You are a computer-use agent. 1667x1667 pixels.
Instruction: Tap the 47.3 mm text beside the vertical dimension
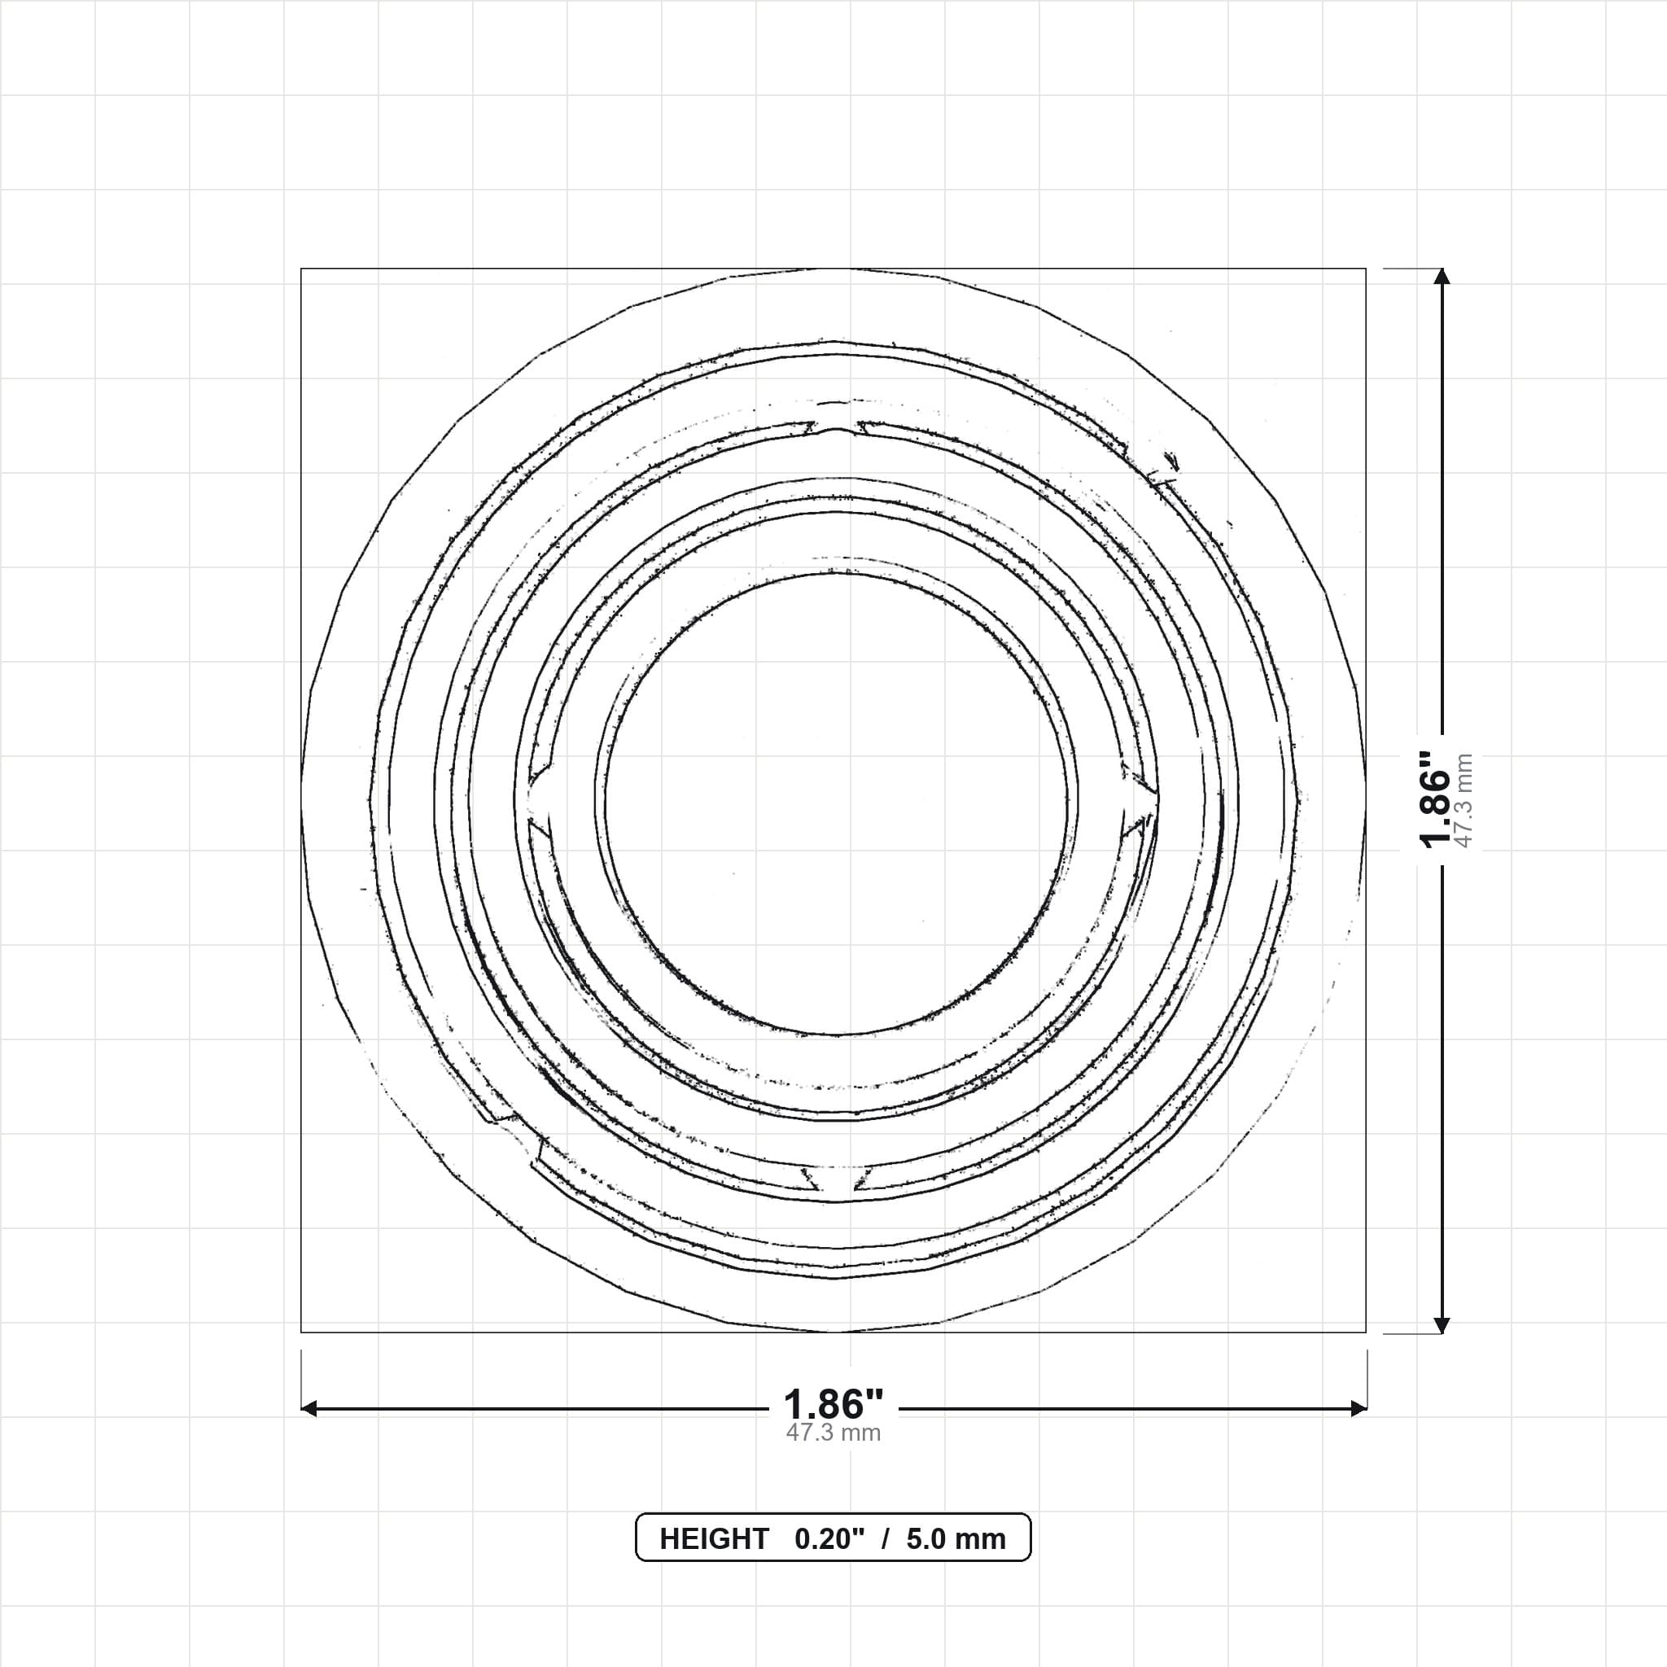point(1464,800)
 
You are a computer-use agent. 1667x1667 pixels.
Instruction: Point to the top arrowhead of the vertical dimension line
point(1441,276)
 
